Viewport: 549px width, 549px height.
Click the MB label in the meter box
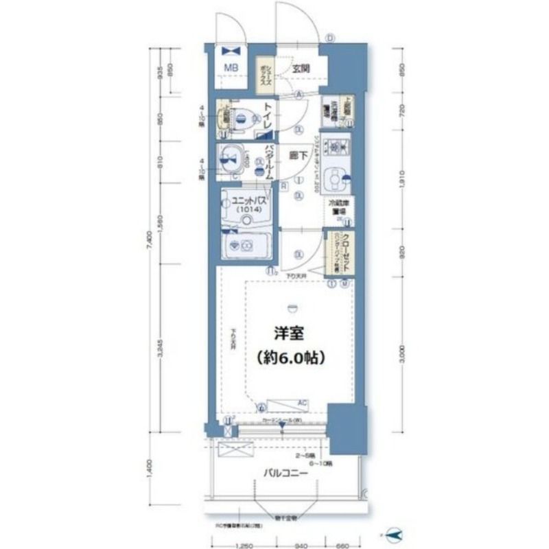tap(231, 67)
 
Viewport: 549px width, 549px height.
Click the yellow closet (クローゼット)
tap(338, 251)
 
